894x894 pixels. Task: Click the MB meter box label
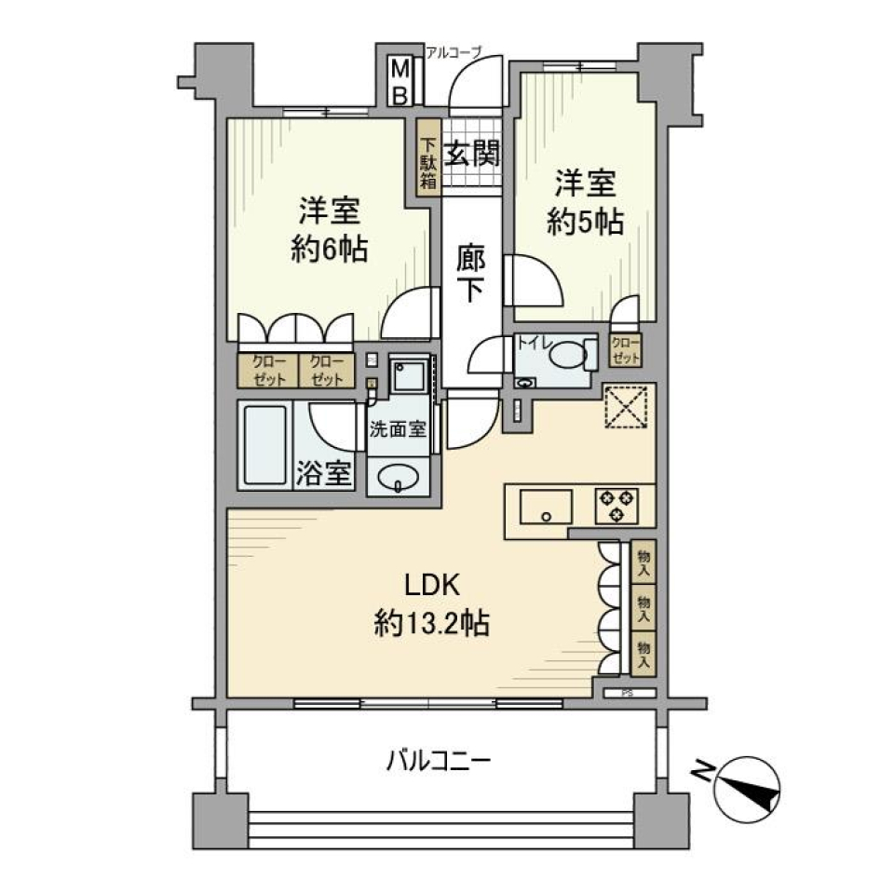[399, 82]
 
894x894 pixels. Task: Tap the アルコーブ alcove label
[453, 52]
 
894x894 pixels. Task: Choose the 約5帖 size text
[584, 222]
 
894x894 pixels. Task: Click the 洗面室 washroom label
[398, 429]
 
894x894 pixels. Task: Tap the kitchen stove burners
[616, 505]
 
